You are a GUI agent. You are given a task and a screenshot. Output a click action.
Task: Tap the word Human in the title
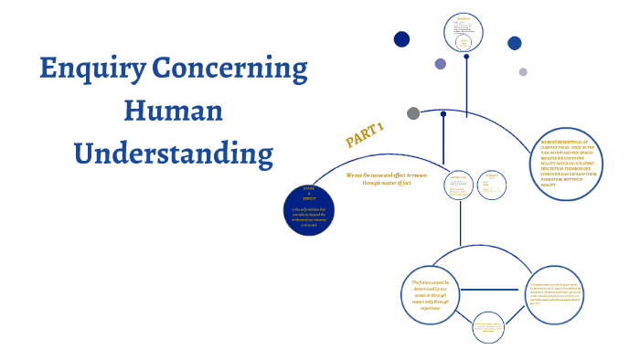click(x=173, y=111)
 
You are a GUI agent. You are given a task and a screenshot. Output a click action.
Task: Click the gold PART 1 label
click(x=364, y=134)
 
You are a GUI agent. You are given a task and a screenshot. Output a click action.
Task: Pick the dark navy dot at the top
click(x=401, y=38)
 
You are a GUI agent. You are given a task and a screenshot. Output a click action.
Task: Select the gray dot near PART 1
click(x=413, y=113)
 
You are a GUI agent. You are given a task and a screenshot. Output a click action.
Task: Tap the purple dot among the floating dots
click(x=441, y=64)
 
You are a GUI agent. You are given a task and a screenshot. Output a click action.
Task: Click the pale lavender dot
click(x=523, y=72)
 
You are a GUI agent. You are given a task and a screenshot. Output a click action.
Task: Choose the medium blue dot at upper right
click(x=515, y=43)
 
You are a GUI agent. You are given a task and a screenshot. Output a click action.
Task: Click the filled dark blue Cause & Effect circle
click(x=315, y=208)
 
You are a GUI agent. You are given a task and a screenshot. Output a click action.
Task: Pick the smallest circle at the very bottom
click(x=486, y=328)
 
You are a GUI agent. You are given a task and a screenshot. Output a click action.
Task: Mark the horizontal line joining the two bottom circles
click(x=495, y=283)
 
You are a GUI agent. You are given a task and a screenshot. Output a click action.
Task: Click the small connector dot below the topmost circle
click(x=466, y=57)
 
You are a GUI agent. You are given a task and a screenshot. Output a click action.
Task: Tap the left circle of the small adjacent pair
click(x=459, y=185)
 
